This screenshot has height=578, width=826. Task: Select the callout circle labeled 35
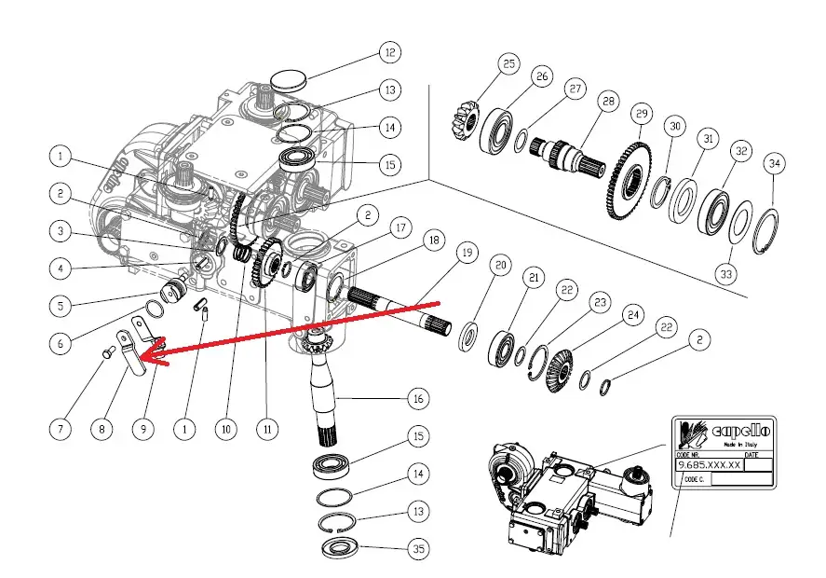pos(419,550)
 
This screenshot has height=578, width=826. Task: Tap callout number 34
pos(775,164)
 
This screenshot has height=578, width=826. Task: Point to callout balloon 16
pos(419,399)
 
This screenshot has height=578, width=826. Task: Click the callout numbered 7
pos(61,429)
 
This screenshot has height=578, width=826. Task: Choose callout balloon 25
pos(508,63)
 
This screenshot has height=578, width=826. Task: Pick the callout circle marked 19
pos(466,253)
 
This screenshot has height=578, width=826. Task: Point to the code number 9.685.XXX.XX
pos(709,463)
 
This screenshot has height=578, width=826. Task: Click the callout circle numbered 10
pos(223,429)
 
